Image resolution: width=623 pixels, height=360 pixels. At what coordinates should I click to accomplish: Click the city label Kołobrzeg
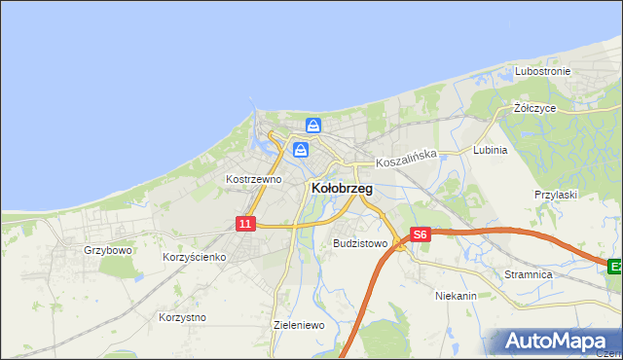(342, 188)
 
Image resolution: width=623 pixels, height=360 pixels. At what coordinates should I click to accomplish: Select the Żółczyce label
(534, 108)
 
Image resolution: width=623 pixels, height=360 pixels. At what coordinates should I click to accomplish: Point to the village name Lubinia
(490, 151)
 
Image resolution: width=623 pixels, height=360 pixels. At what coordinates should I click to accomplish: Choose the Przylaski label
(556, 195)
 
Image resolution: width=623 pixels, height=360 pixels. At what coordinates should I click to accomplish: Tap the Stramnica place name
(529, 275)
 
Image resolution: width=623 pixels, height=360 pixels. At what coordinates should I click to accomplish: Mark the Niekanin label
(455, 294)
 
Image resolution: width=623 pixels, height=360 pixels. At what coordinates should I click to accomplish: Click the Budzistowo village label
(360, 243)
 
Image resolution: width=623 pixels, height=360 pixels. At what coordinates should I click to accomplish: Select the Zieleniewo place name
(299, 326)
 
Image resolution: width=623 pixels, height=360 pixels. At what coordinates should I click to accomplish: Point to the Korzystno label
(182, 317)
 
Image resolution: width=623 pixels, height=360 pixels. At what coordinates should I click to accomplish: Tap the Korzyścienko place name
(194, 257)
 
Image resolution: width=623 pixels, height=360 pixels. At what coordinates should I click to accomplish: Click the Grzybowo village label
(107, 250)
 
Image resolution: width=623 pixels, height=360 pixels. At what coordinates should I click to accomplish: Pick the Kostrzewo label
(253, 179)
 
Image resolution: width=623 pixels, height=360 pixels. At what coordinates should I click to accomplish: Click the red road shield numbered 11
(245, 224)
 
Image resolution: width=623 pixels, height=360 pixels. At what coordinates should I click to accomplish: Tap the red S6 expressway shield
(420, 234)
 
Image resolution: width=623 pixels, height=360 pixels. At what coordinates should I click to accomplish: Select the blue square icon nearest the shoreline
(313, 126)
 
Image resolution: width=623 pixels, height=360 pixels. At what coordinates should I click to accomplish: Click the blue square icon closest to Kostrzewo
(301, 149)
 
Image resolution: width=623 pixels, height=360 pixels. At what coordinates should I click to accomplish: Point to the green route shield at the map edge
(615, 266)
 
